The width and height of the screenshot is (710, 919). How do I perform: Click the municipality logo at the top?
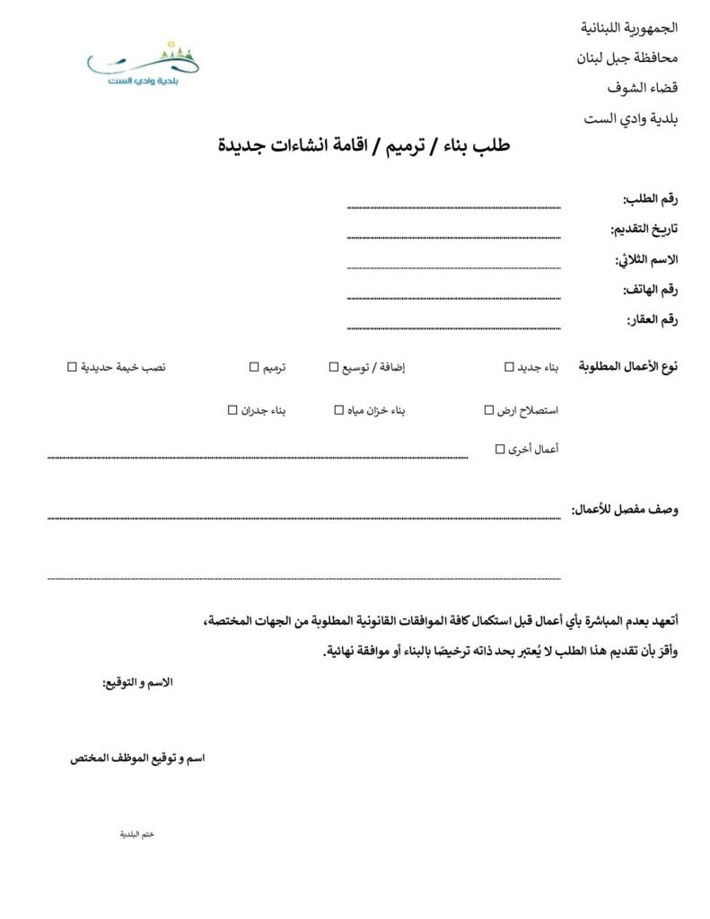point(144,63)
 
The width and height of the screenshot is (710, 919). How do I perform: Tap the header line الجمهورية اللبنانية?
point(629,28)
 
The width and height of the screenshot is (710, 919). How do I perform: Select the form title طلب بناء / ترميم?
point(364,145)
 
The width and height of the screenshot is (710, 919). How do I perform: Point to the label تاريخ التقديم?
point(644,229)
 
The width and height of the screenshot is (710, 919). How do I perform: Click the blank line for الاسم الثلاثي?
point(453,267)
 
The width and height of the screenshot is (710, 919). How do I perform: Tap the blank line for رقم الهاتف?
point(453,297)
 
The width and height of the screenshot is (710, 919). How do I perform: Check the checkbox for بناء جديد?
point(509,367)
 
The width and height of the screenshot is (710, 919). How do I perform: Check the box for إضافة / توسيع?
point(334,367)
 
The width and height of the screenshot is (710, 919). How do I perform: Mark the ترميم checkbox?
point(254,367)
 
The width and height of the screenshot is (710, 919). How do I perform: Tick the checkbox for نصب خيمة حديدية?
point(72,367)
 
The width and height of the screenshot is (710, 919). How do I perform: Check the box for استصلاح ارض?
point(488,410)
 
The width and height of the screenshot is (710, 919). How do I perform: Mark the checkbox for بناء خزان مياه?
point(339,410)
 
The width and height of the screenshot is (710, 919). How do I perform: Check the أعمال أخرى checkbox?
point(500,449)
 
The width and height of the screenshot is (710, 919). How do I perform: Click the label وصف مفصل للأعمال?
point(625,510)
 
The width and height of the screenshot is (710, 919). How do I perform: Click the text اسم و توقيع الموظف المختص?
point(137,758)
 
